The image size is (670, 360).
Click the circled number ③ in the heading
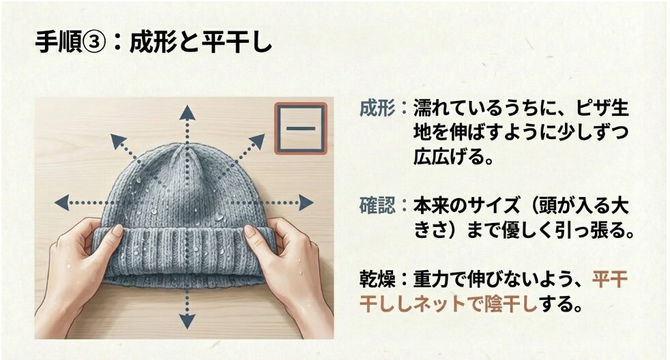tap(93, 43)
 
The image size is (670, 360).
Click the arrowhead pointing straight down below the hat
tap(187, 320)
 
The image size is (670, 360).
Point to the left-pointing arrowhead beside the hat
tap(63, 202)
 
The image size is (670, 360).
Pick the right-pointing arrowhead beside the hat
tap(306, 202)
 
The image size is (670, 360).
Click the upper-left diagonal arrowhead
tap(118, 141)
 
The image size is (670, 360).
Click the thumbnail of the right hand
tap(250, 231)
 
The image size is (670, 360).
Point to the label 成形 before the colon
tap(377, 108)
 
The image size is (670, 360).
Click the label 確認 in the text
tap(377, 207)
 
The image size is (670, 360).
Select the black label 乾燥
tap(377, 280)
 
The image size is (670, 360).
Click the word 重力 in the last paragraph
tap(431, 280)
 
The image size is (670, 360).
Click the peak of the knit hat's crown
tap(185, 147)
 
